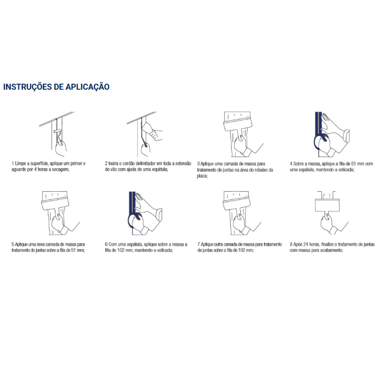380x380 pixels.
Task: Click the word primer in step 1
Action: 76,164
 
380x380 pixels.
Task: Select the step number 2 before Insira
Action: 106,163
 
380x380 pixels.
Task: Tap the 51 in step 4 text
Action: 354,164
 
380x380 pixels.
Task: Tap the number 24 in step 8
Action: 306,244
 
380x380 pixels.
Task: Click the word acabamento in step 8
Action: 332,251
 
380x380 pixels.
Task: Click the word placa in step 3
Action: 202,176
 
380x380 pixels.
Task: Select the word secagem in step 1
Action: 61,169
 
